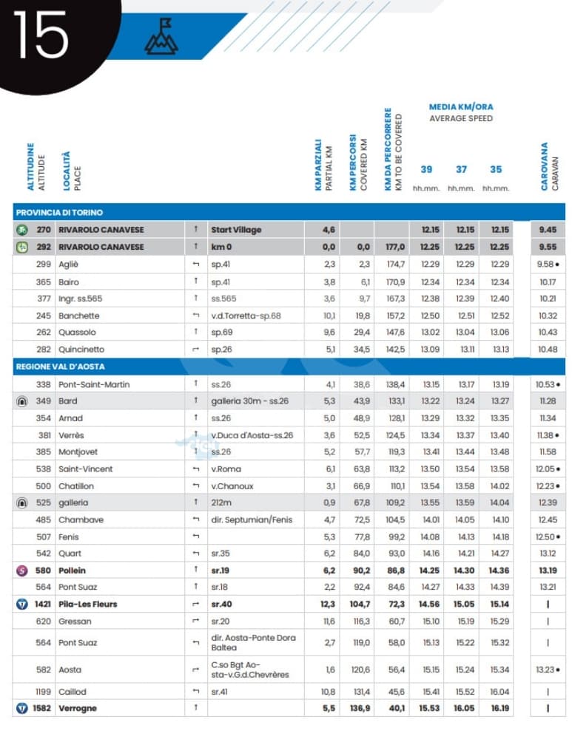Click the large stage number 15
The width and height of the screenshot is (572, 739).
[x=41, y=35]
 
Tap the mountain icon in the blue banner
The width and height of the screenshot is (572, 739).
[x=161, y=37]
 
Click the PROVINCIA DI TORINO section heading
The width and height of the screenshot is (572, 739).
[x=60, y=213]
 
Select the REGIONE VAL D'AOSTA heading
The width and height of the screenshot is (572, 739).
[x=61, y=367]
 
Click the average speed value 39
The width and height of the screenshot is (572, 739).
[x=426, y=170]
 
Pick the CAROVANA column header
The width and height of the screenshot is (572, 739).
[x=545, y=166]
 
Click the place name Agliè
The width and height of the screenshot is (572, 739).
[x=69, y=265]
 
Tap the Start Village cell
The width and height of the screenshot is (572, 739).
[x=236, y=230]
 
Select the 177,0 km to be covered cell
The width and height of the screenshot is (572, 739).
[x=395, y=248]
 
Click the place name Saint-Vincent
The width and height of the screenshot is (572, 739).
[x=86, y=469]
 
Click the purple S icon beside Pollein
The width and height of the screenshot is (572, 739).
[x=21, y=571]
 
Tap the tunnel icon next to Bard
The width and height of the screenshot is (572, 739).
[x=22, y=401]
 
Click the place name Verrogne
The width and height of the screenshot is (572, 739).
[x=78, y=709]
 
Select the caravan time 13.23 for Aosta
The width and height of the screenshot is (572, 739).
[x=546, y=670]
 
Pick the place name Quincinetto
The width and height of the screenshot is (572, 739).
[x=81, y=350]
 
